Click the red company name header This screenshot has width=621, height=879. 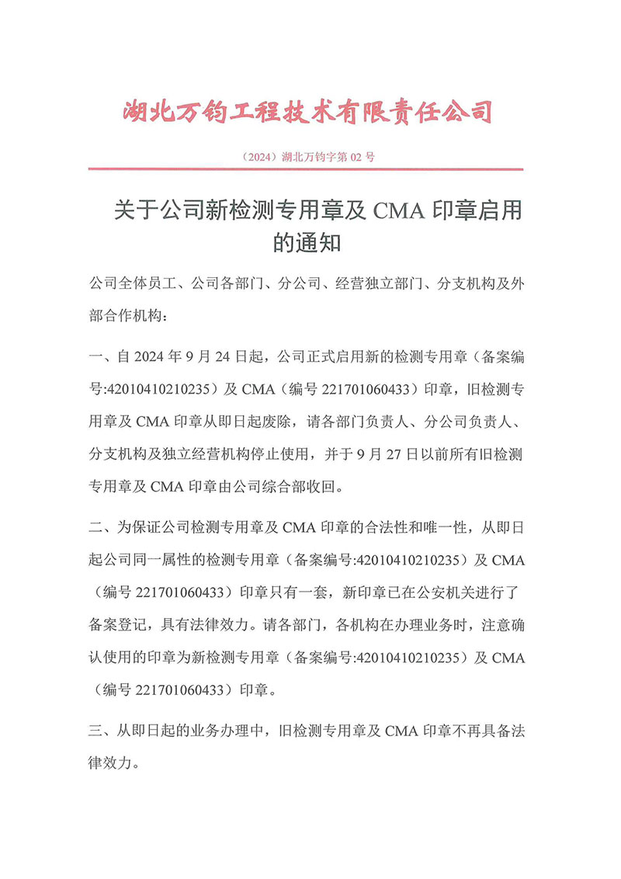point(308,112)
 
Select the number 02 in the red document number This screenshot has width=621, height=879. point(356,157)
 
